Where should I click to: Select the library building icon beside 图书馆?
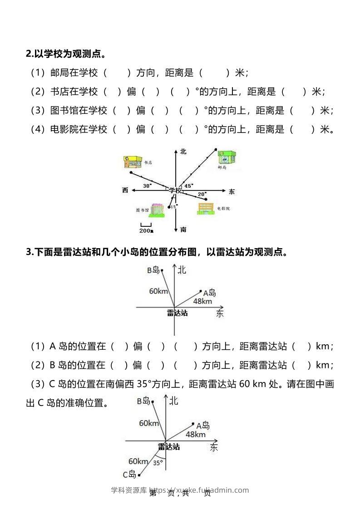(x=157, y=209)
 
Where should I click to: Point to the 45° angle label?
(x=188, y=185)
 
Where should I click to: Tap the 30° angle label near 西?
(x=147, y=186)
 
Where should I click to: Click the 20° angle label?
(x=202, y=194)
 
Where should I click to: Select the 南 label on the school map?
(x=183, y=230)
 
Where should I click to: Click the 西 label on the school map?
(x=125, y=190)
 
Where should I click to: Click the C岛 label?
(x=129, y=475)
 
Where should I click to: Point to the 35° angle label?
(x=158, y=463)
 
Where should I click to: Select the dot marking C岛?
(x=139, y=475)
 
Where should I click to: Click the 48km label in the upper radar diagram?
(x=202, y=301)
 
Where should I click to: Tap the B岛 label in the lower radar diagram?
(x=143, y=401)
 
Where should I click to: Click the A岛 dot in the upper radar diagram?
(x=201, y=291)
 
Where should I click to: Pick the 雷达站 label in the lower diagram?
(x=169, y=447)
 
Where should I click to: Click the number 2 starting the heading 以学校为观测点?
(x=28, y=54)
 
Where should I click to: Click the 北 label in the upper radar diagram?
(x=182, y=270)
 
